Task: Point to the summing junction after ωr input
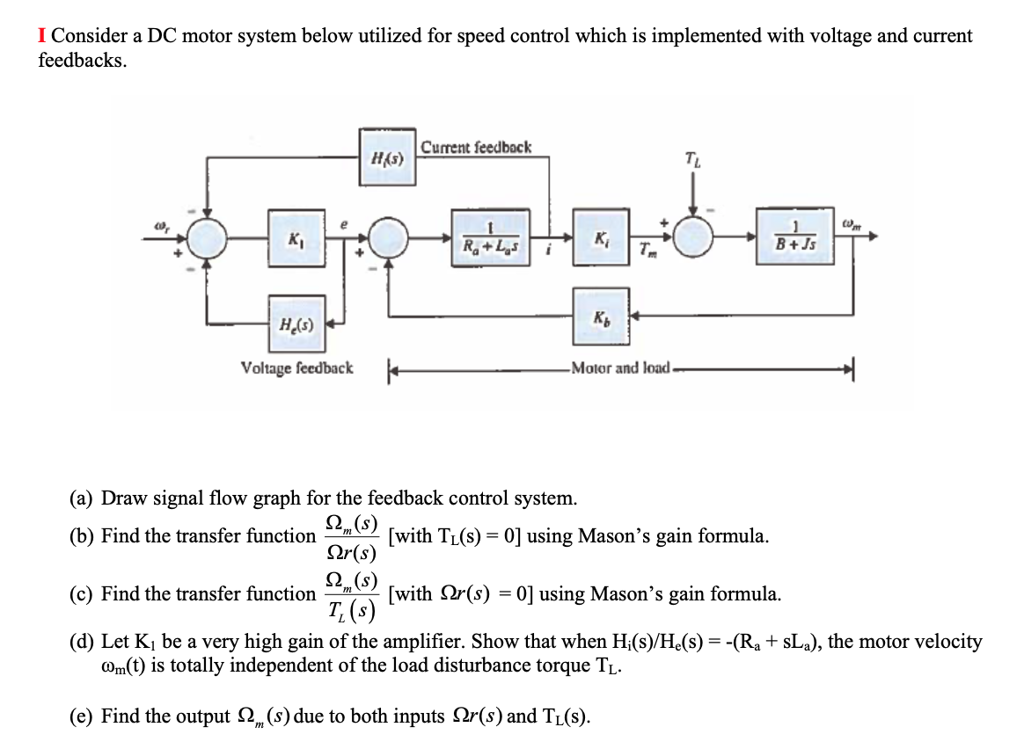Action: coord(207,237)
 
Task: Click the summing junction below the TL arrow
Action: coord(694,237)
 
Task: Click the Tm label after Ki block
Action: coord(645,254)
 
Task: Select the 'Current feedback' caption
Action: coord(476,147)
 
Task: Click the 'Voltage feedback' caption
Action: coord(296,367)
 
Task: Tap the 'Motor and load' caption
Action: coord(619,367)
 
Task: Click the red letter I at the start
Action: coord(41,36)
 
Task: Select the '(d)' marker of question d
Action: coord(83,642)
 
